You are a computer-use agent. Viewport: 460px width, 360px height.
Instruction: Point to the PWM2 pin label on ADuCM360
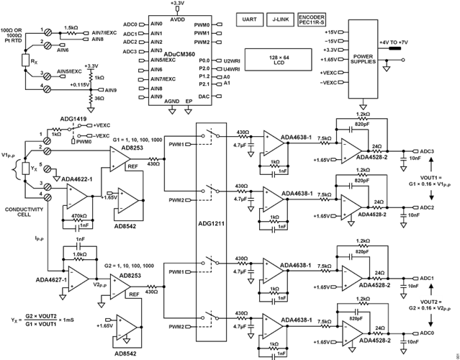pos(202,42)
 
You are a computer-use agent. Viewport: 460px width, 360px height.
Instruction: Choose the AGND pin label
pos(172,102)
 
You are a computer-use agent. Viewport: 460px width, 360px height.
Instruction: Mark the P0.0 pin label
pos(204,60)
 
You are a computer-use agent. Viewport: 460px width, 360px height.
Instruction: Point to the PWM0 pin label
pos(202,25)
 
